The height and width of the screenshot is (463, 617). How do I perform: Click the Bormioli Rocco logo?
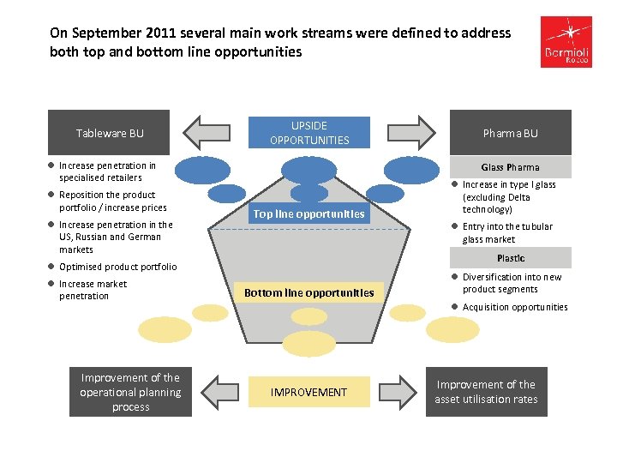[566, 43]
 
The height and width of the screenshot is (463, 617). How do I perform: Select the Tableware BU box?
[109, 133]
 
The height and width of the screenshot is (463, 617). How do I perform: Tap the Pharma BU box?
[511, 133]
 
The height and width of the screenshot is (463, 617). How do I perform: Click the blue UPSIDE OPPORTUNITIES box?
[309, 133]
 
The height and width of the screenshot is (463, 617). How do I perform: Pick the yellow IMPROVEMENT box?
[309, 392]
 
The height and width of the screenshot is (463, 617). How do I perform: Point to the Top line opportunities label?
[309, 214]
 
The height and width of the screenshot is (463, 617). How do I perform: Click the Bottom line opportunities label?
[309, 293]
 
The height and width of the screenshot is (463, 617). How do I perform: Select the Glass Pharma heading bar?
[511, 167]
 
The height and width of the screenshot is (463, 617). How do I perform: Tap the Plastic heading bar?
[511, 258]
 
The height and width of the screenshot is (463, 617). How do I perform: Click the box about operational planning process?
[130, 392]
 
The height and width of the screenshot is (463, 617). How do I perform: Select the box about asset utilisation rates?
[486, 392]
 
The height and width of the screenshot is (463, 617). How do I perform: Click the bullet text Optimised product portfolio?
[117, 267]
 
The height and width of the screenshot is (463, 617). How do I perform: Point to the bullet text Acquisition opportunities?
[515, 307]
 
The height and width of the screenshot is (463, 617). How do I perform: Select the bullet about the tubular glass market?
[507, 233]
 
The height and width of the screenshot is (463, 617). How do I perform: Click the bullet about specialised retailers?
[107, 171]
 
